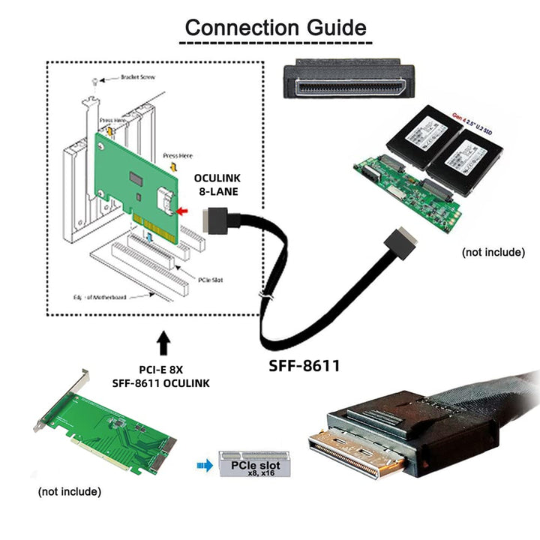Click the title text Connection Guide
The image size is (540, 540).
(275, 28)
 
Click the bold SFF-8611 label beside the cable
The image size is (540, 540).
(304, 366)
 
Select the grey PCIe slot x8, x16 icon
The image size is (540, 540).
(247, 464)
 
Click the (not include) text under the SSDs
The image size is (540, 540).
(493, 252)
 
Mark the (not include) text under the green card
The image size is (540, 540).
(69, 492)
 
